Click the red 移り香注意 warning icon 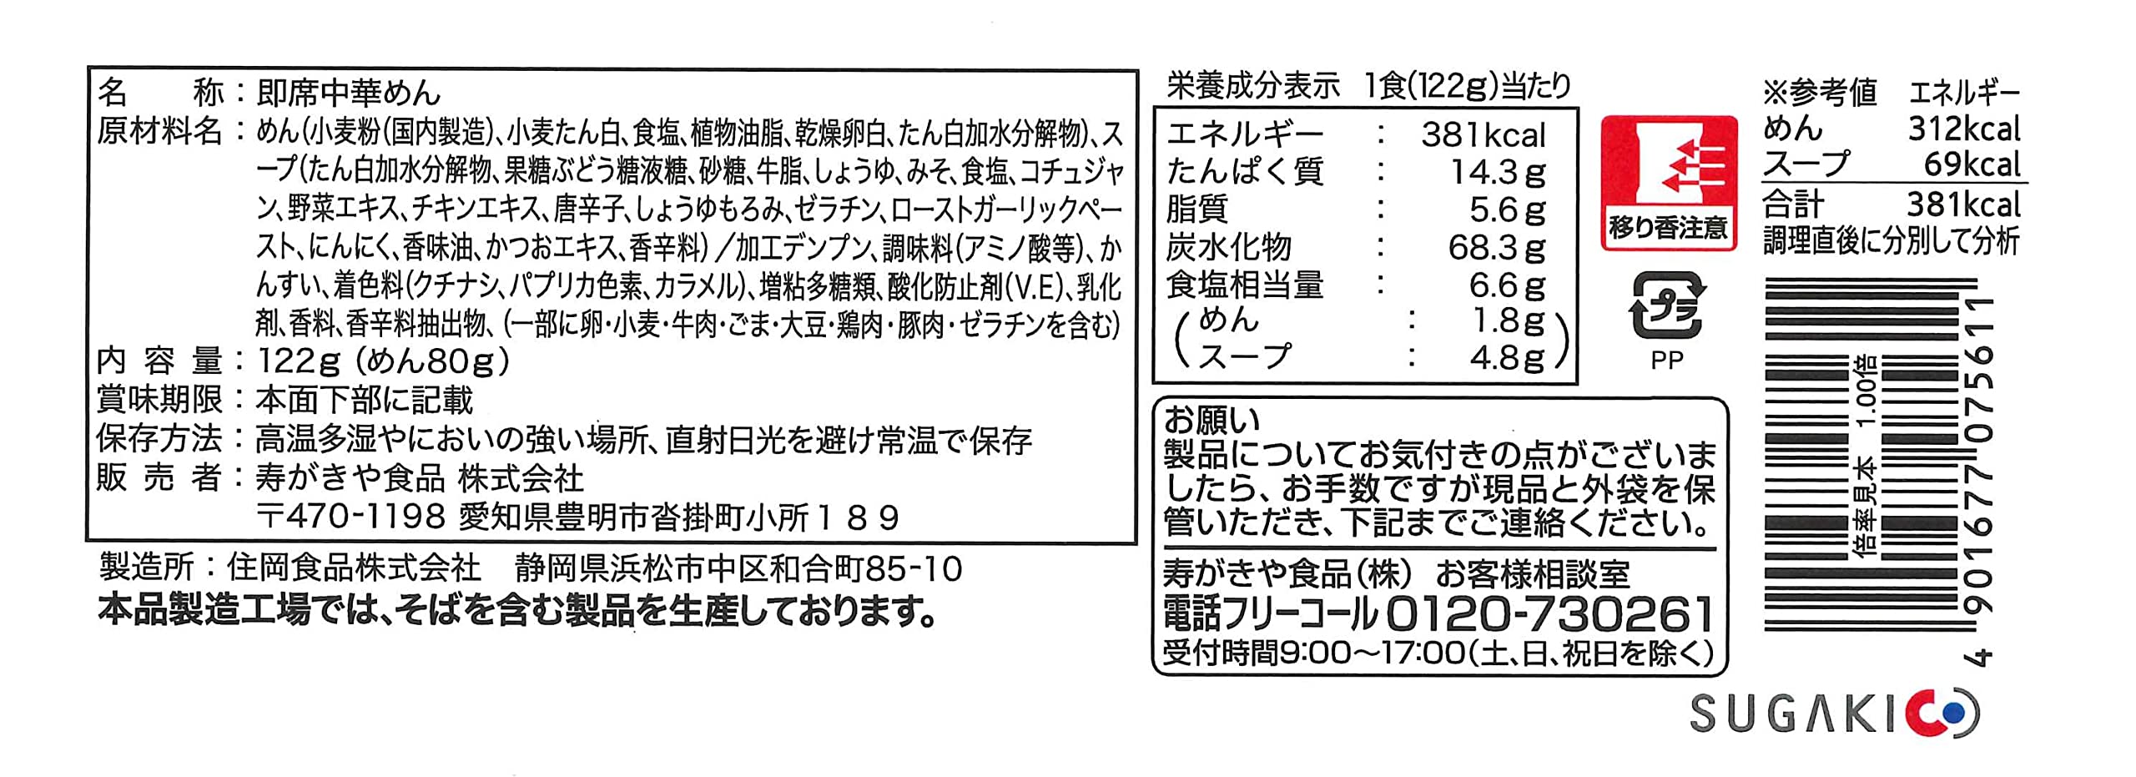click(1668, 182)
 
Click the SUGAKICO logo click(1834, 714)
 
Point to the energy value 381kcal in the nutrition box click(1484, 135)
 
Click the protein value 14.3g click(1497, 173)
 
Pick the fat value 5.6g click(1507, 210)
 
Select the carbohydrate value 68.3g click(1497, 248)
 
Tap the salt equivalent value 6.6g click(1507, 285)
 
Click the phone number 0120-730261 click(1549, 615)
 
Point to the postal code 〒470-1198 click(351, 517)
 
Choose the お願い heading click(1211, 420)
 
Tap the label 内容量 click(159, 361)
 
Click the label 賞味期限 click(159, 400)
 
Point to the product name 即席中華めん click(348, 93)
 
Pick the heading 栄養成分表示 click(1252, 86)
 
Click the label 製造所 click(146, 568)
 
